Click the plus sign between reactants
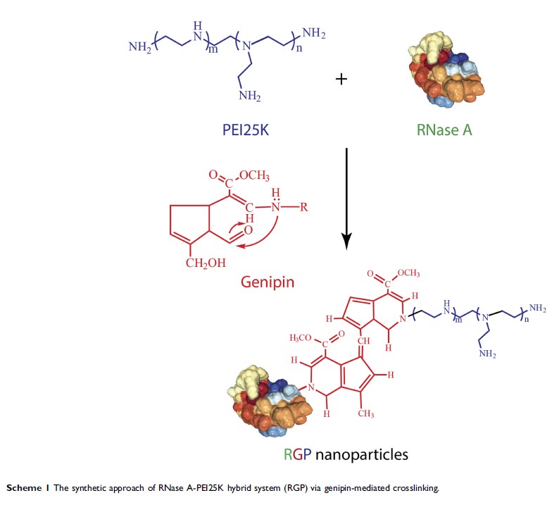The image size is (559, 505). click(x=341, y=80)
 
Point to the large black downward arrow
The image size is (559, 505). click(x=346, y=197)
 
